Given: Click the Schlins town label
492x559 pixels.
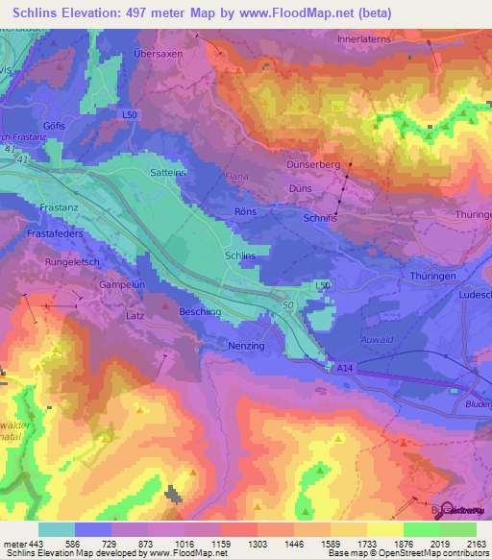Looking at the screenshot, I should point(239,256).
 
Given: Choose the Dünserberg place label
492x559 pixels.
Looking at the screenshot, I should point(313,164).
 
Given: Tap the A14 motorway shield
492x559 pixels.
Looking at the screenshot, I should point(345,366).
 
